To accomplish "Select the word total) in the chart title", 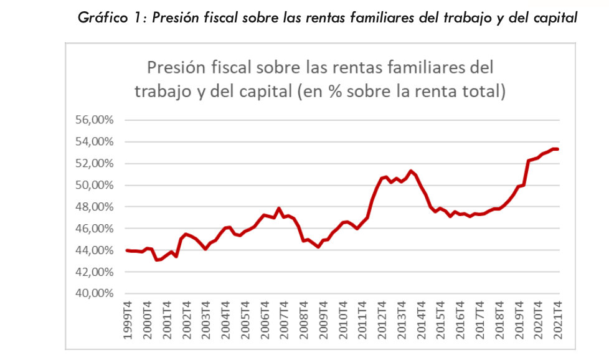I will [x=481, y=92].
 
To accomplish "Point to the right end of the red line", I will [x=557, y=149].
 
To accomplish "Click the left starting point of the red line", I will [x=127, y=250].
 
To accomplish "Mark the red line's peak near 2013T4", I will [x=410, y=171].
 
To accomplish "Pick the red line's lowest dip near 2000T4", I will [x=156, y=260].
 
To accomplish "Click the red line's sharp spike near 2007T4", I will [x=279, y=208].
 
